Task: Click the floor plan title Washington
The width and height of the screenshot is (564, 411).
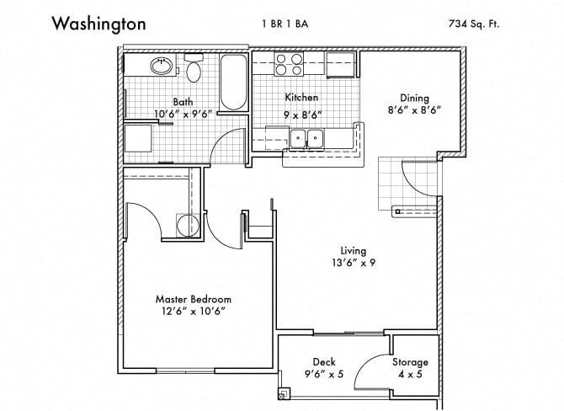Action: [98, 24]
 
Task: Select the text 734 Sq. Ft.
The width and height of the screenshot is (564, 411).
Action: [473, 24]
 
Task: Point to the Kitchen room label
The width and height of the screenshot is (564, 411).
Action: [301, 98]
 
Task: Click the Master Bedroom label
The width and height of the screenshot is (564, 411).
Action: [193, 299]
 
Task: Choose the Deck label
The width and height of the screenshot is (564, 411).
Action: [324, 362]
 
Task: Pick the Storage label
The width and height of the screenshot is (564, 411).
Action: [410, 362]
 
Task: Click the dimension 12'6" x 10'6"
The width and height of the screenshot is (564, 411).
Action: [193, 312]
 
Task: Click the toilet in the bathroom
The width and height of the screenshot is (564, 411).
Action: [194, 71]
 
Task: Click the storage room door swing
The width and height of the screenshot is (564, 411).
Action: [368, 370]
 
